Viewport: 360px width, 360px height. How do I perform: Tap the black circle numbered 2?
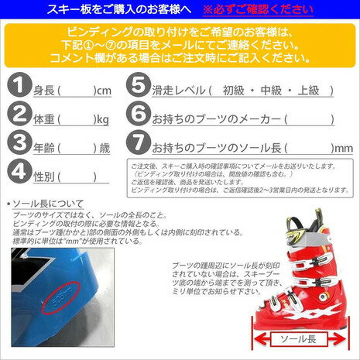click(16, 118)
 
